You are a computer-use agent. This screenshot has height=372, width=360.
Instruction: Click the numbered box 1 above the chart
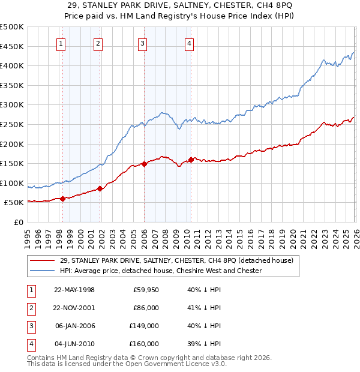pyautogui.click(x=62, y=43)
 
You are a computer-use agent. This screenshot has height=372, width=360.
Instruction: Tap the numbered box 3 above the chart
pyautogui.click(x=143, y=43)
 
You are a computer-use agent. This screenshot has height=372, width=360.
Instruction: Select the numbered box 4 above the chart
pyautogui.click(x=189, y=43)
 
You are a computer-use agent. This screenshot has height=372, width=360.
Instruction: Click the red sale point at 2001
pyautogui.click(x=100, y=188)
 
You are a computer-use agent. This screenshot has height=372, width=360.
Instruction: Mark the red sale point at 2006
pyautogui.click(x=144, y=164)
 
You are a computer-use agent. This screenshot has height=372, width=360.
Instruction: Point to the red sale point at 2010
pyautogui.click(x=191, y=160)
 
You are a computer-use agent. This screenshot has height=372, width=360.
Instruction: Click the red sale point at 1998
pyautogui.click(x=62, y=199)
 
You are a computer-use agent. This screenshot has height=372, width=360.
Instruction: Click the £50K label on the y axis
pyautogui.click(x=14, y=203)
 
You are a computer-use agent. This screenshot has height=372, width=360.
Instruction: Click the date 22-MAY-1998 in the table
pyautogui.click(x=74, y=290)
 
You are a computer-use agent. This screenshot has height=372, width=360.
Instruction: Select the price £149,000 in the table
pyautogui.click(x=143, y=327)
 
